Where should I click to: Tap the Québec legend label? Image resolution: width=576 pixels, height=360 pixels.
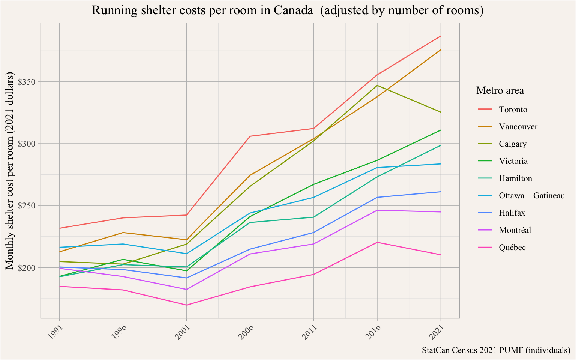[x=512, y=247]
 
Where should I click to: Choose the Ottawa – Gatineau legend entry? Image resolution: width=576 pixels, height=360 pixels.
[x=531, y=196]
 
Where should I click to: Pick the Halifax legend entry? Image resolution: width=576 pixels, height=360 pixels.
[x=511, y=213]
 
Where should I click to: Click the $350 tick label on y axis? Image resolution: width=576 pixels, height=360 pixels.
[x=28, y=82]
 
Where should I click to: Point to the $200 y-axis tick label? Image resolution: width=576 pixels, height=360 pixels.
[x=28, y=267]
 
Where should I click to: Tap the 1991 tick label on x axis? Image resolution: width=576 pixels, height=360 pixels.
[x=55, y=332]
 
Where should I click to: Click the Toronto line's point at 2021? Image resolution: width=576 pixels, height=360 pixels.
[x=441, y=36]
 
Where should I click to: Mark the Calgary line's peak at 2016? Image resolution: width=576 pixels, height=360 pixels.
[x=377, y=85]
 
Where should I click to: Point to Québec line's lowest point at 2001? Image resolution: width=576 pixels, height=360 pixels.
[x=186, y=305]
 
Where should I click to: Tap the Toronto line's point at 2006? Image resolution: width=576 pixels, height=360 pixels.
[x=250, y=136]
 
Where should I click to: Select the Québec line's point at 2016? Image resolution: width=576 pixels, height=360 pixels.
[x=377, y=242]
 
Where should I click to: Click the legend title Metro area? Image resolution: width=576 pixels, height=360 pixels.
[x=500, y=90]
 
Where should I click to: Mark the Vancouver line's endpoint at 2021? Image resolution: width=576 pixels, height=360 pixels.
[x=441, y=50]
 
